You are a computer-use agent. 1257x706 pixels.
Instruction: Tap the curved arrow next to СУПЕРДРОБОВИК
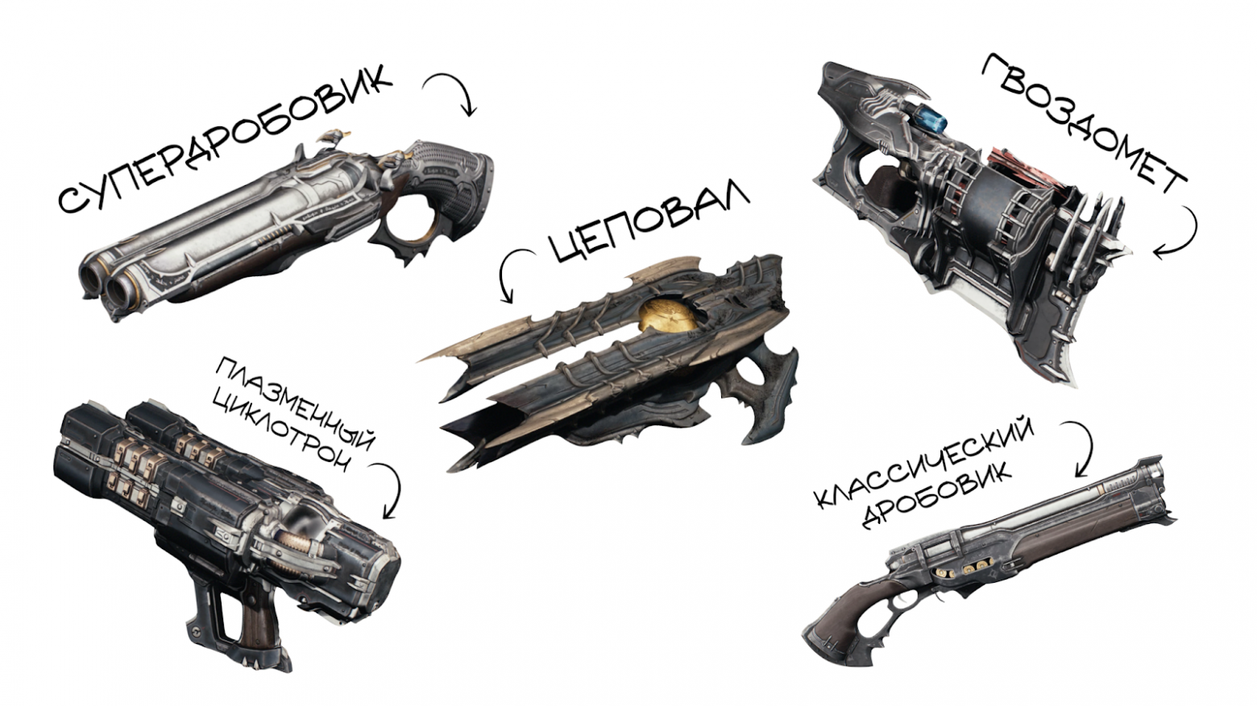(x=452, y=93)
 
